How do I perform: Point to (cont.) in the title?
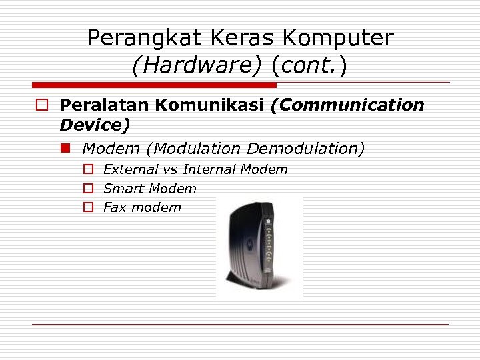(309, 66)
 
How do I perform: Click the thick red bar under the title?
(154, 85)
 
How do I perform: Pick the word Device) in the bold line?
(95, 125)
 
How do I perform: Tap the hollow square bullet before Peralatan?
(41, 105)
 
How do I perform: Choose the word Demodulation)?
(306, 148)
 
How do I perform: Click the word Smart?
(123, 189)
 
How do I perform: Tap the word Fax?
(115, 207)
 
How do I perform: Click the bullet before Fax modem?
(87, 207)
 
